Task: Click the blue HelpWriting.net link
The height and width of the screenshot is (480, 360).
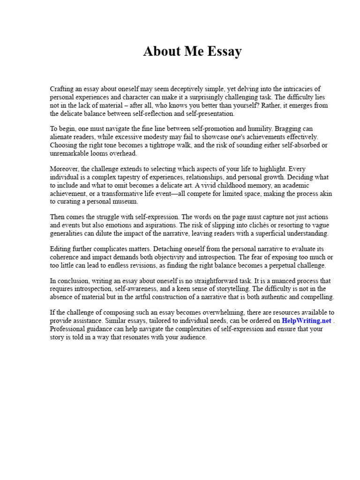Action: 307,321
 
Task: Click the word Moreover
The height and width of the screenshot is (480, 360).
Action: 65,169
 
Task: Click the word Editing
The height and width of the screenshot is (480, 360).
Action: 62,249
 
